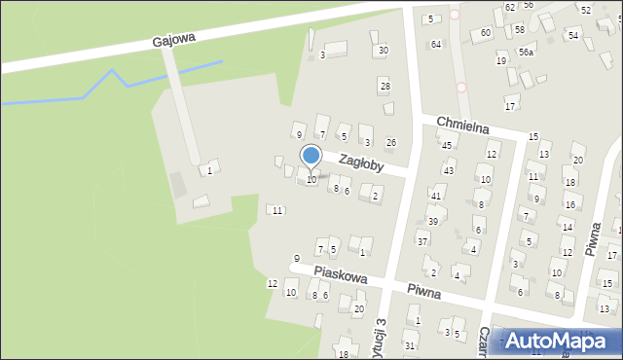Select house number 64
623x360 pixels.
pyautogui.click(x=436, y=45)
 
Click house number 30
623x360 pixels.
pyautogui.click(x=384, y=50)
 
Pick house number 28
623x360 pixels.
pyautogui.click(x=385, y=87)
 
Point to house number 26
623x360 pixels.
pyautogui.click(x=391, y=143)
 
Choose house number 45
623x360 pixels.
pyautogui.click(x=447, y=145)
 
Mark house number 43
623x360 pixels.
pyautogui.click(x=449, y=171)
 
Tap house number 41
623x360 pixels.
pyautogui.click(x=436, y=197)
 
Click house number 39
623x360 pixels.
pyautogui.click(x=432, y=222)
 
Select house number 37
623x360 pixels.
pyautogui.click(x=422, y=240)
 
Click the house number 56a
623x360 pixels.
pyautogui.click(x=526, y=53)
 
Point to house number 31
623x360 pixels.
pyautogui.click(x=410, y=345)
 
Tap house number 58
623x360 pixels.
pyautogui.click(x=520, y=30)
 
